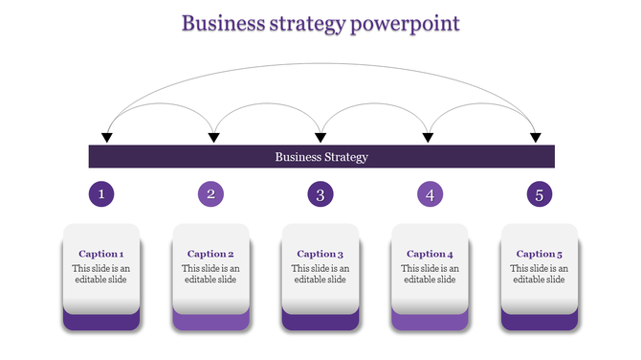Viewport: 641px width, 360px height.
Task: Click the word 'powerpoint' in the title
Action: click(407, 23)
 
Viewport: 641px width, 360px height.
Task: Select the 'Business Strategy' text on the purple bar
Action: click(321, 157)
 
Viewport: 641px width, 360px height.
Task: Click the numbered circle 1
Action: click(102, 195)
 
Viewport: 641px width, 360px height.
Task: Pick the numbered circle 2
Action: click(211, 195)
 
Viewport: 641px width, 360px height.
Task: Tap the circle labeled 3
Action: click(320, 195)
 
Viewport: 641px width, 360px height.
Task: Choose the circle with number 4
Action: click(431, 195)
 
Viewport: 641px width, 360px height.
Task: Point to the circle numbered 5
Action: click(540, 195)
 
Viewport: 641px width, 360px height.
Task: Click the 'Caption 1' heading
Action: click(101, 254)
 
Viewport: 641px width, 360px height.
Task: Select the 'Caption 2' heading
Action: click(210, 254)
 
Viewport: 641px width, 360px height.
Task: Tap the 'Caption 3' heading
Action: click(320, 254)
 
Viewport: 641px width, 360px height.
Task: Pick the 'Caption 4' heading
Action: click(430, 254)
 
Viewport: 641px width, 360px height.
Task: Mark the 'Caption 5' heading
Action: click(540, 254)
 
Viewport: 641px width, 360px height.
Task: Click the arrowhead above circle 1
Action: click(107, 139)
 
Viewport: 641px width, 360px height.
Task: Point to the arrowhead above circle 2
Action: click(214, 139)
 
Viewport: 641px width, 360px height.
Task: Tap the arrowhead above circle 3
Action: click(321, 139)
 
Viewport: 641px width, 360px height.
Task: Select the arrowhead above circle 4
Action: click(429, 139)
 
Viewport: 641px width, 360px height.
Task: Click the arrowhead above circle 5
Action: click(536, 139)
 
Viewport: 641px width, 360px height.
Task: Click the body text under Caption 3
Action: click(320, 274)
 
